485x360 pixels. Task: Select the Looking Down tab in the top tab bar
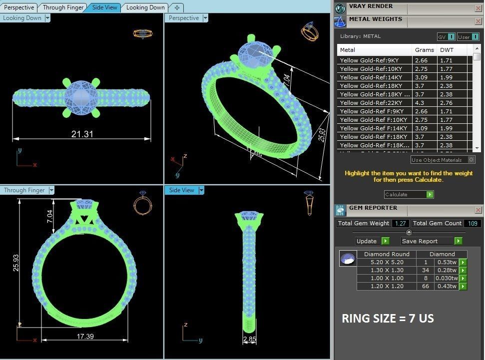pos(145,7)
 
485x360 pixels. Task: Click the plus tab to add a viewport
pos(177,7)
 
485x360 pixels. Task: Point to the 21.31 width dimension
pos(82,134)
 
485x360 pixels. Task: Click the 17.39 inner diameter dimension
pos(85,336)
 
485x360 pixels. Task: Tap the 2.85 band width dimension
pos(250,340)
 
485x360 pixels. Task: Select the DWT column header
pos(447,50)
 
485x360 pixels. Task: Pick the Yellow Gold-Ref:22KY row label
pos(369,102)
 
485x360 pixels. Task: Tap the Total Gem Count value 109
pos(472,223)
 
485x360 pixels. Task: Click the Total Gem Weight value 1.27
pos(401,223)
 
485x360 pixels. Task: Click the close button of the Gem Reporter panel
pos(478,210)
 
